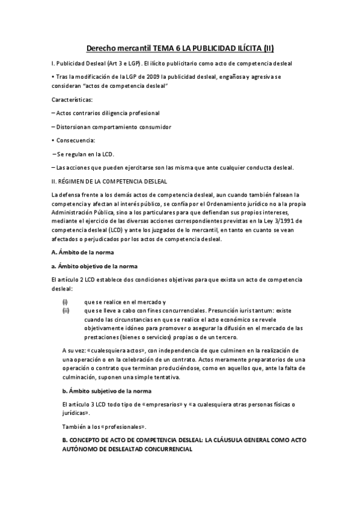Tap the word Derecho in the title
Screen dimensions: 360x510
(x=103, y=48)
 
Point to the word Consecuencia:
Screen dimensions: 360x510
(x=75, y=140)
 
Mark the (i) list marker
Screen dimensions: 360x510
(x=65, y=301)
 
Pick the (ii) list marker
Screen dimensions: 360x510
(x=66, y=310)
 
